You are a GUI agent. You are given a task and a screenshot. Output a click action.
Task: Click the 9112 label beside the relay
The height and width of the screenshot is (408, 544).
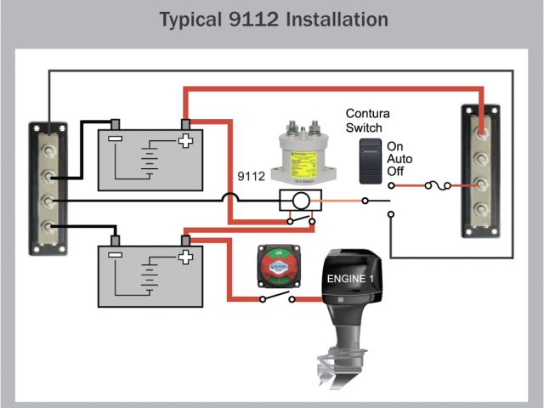point(252,178)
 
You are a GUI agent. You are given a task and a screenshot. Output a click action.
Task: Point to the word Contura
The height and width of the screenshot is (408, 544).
point(367,113)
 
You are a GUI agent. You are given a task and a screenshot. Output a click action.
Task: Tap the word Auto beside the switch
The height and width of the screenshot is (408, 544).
point(399,159)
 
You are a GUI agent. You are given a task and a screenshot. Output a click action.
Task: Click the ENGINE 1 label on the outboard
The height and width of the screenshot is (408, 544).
point(350,278)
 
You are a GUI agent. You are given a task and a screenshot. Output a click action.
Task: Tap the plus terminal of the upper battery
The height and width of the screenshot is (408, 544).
point(184,141)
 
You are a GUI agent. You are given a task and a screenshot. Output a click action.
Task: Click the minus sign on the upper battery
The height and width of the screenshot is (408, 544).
point(116,141)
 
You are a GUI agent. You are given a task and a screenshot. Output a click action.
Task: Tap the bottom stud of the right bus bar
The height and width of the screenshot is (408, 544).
point(482,209)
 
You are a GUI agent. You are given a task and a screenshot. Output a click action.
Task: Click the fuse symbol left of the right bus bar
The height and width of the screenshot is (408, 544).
point(431,184)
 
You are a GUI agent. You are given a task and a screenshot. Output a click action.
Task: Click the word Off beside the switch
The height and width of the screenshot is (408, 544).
point(395,172)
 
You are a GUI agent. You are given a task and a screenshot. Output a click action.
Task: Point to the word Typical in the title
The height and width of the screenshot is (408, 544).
point(195,19)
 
